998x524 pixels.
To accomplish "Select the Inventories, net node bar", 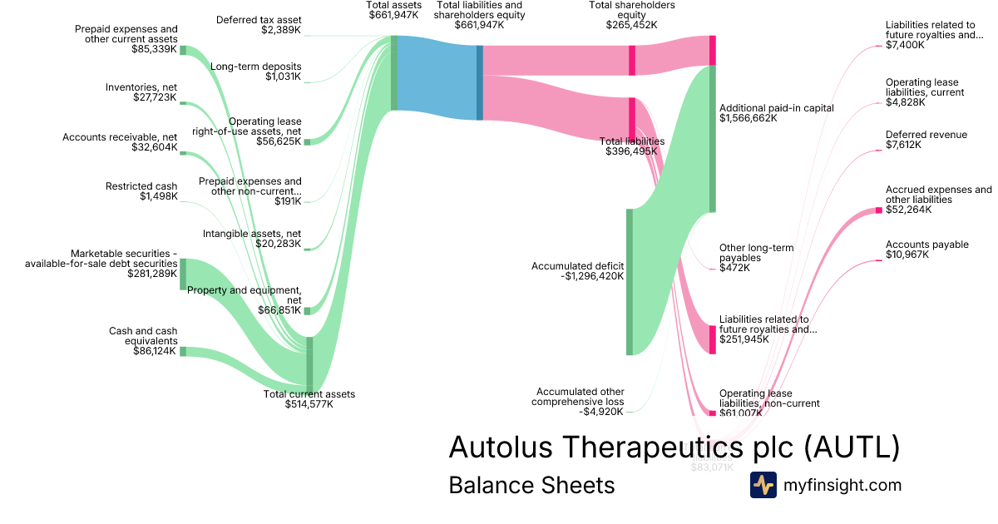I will click(182, 103).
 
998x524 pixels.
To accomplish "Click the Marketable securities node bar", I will click(183, 274).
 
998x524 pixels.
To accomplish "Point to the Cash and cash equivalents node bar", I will click(183, 351).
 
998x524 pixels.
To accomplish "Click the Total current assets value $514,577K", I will click(309, 405).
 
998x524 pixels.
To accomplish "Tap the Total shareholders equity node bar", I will click(632, 60).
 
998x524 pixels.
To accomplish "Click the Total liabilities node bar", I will click(632, 120).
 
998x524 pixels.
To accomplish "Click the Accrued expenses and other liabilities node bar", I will click(878, 210).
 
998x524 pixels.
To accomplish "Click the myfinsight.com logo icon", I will click(763, 485).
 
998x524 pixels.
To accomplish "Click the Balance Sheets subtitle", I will click(531, 485).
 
